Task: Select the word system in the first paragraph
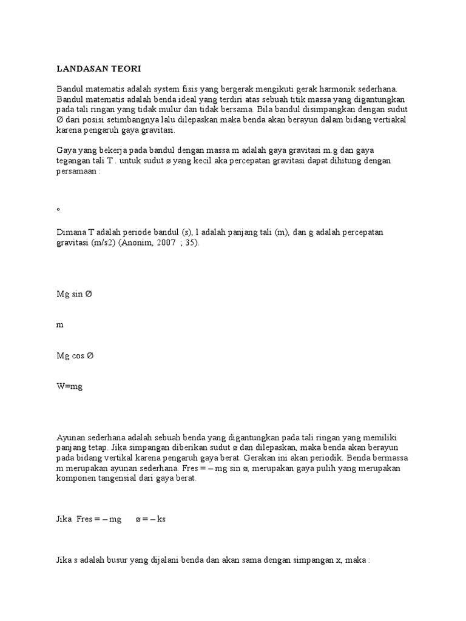[x=174, y=89]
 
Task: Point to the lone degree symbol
[x=58, y=209]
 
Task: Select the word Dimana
[x=70, y=233]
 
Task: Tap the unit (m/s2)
[x=100, y=243]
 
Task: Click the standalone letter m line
[x=59, y=325]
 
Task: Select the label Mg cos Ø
[x=76, y=356]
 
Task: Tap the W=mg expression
[x=69, y=387]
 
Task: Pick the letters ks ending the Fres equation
[x=161, y=520]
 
